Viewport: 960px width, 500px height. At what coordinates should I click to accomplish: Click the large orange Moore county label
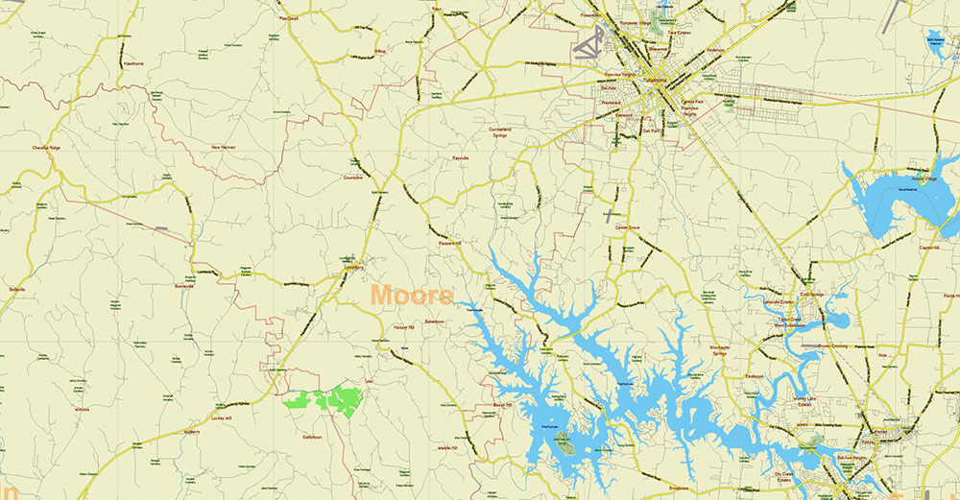412,295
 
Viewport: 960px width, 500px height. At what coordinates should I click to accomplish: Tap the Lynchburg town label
354,268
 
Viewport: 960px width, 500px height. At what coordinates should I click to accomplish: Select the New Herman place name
223,147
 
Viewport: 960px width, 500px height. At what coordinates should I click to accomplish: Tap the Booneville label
184,285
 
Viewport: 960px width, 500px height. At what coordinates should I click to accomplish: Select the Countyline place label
353,177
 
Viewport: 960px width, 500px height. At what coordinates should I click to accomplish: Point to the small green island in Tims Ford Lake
563,441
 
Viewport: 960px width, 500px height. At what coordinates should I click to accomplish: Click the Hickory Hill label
402,327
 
